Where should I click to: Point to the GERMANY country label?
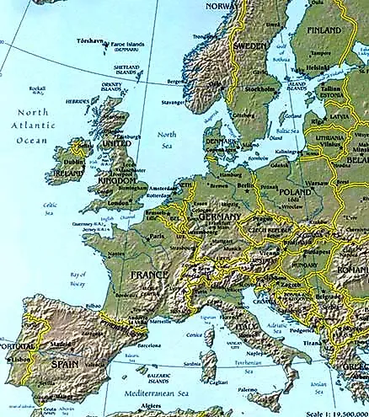click(221, 217)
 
